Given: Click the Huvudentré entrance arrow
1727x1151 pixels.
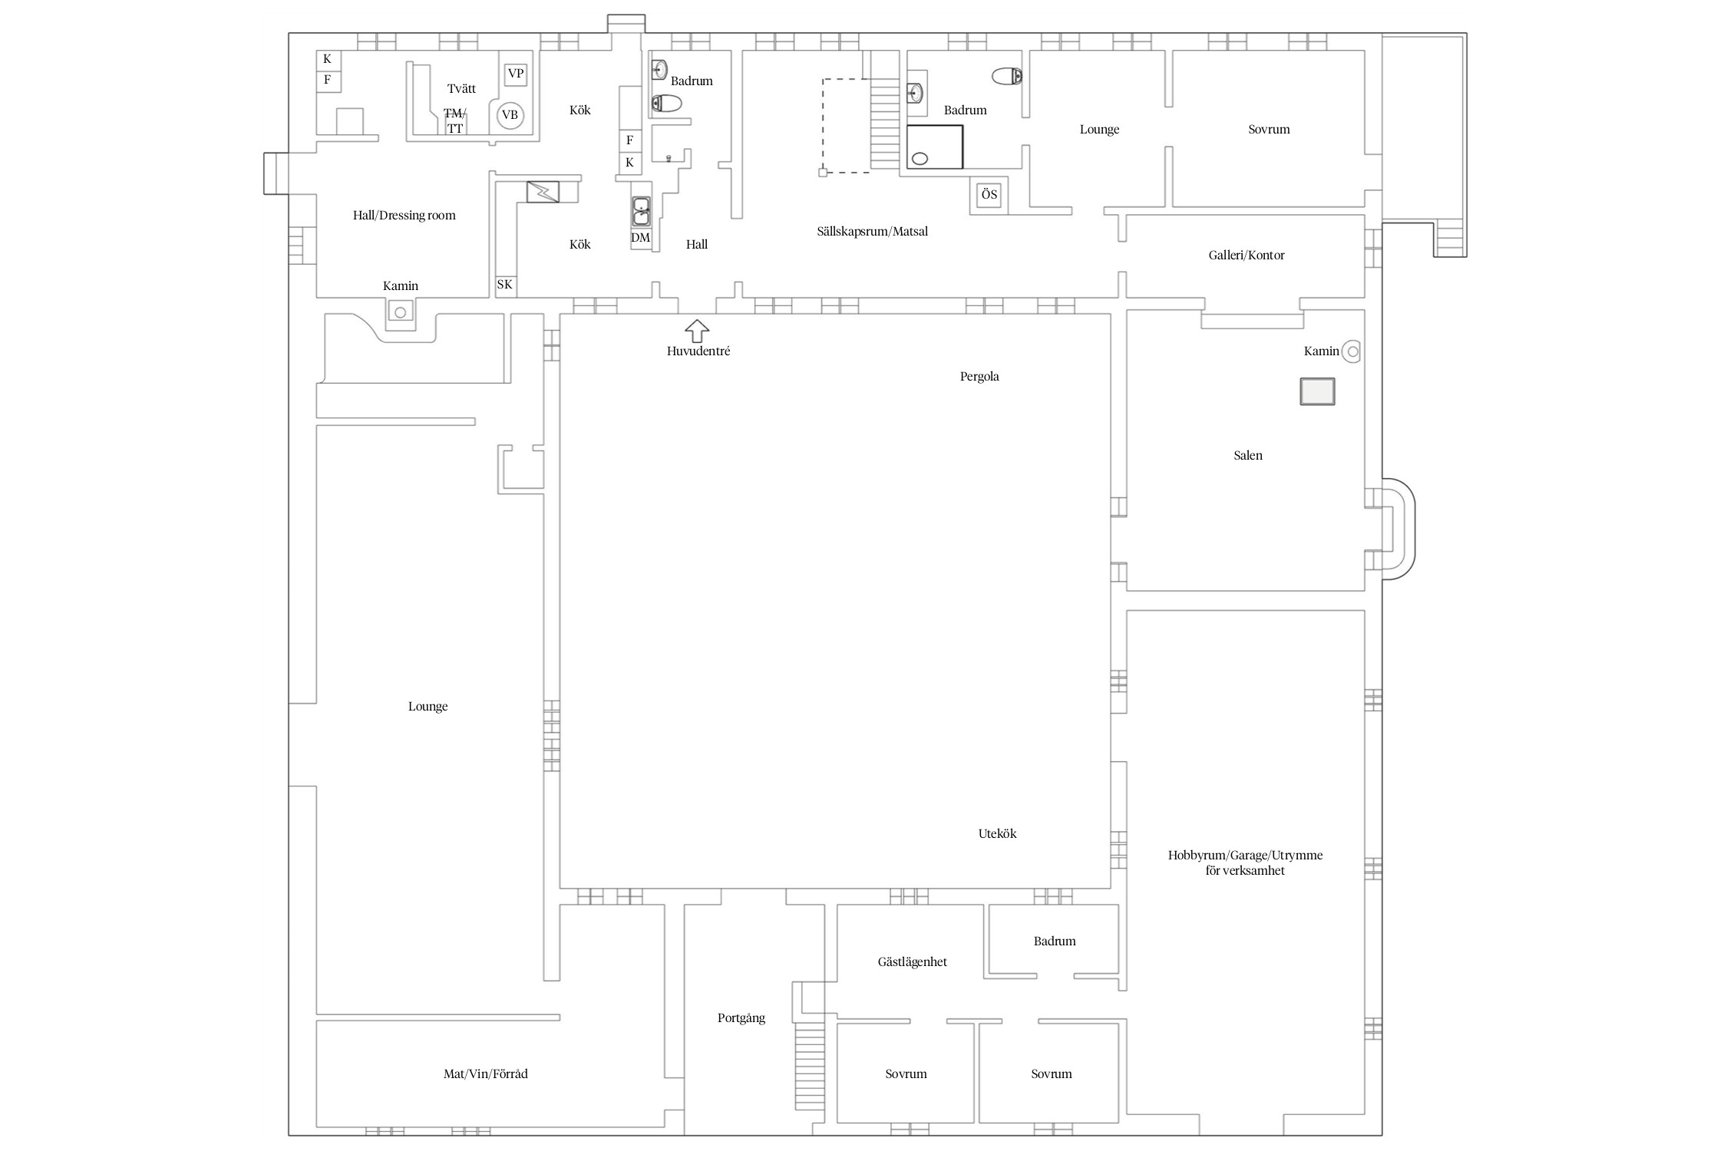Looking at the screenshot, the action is (x=697, y=331).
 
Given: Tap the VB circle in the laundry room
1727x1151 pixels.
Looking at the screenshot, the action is (x=510, y=116).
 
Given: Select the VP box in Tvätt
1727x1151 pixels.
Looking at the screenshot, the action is (x=516, y=74).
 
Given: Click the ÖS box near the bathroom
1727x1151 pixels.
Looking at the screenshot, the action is (x=989, y=195).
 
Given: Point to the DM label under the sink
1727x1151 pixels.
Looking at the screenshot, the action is (x=640, y=238).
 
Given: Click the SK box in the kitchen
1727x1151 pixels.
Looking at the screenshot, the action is (x=504, y=285).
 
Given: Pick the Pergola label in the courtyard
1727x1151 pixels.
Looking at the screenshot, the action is (x=979, y=377).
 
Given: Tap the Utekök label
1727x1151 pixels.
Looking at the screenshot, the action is (x=997, y=833).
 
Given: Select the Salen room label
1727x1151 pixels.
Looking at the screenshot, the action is (x=1248, y=456).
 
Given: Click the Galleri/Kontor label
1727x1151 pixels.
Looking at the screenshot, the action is (x=1247, y=256).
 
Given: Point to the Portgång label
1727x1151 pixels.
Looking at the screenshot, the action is (x=741, y=1018).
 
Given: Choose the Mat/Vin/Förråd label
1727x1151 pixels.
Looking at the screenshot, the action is (x=486, y=1074).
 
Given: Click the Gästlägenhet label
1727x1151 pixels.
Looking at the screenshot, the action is (x=913, y=962).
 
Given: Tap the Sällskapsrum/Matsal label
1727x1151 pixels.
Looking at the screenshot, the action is (x=873, y=231).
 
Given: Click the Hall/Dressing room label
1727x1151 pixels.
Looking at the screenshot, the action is (x=405, y=216).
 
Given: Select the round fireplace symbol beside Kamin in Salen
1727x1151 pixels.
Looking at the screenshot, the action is (x=1352, y=352).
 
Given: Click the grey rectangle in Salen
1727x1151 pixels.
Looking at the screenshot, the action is (x=1317, y=392).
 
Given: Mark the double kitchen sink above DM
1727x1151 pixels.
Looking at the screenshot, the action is (x=641, y=211).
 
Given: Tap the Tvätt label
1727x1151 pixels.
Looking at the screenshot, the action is (x=461, y=89).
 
